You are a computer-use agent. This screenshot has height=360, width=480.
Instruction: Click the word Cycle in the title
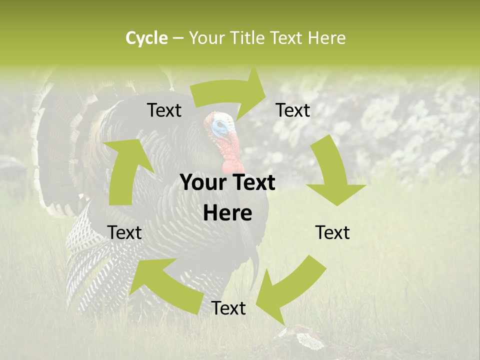click(x=146, y=38)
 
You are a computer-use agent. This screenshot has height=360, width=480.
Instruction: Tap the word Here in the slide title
click(x=326, y=38)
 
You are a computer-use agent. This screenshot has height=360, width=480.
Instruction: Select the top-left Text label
click(x=164, y=110)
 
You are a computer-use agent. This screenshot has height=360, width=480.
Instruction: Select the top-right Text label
click(x=293, y=110)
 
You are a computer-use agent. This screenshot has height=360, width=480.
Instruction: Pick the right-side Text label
click(x=332, y=232)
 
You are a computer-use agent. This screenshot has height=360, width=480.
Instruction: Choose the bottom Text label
click(x=228, y=308)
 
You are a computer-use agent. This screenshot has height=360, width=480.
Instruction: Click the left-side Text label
click(x=124, y=232)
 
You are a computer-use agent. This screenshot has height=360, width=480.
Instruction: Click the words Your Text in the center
click(x=227, y=183)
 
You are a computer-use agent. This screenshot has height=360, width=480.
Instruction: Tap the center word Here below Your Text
click(x=227, y=213)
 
